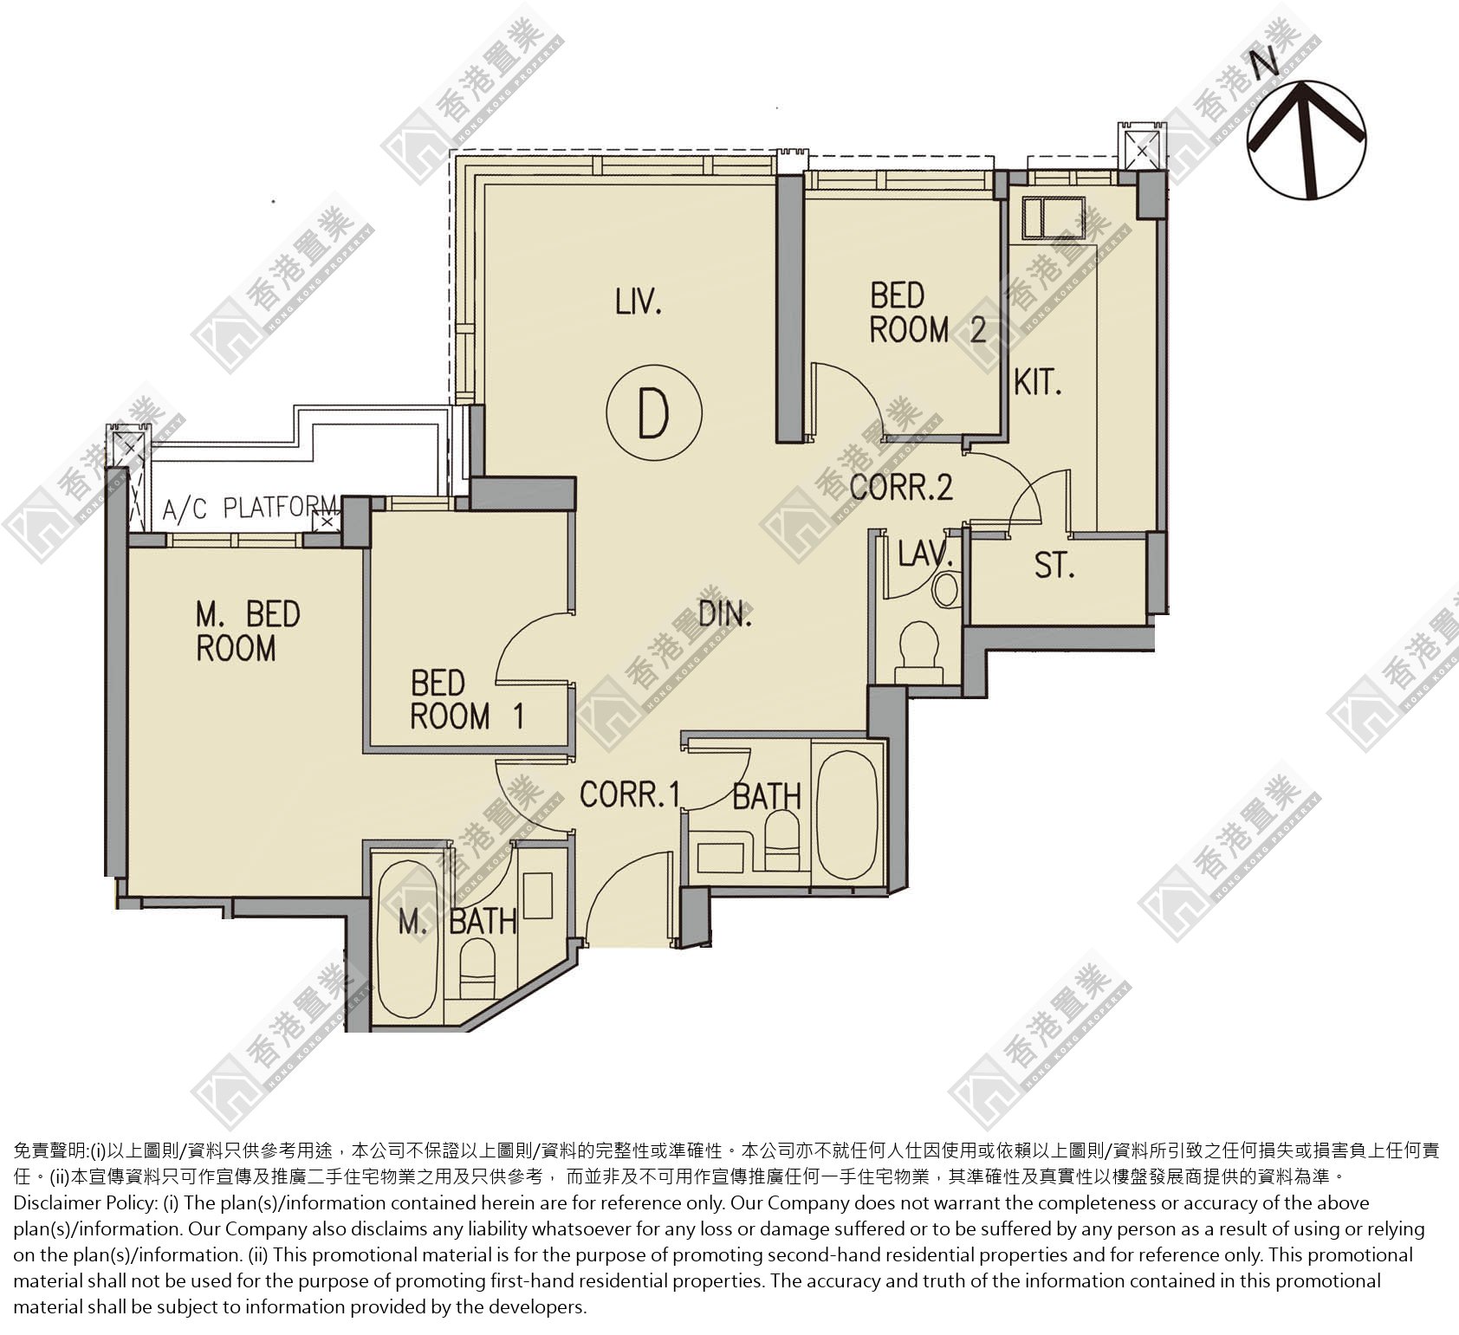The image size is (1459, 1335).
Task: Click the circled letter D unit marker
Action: (653, 413)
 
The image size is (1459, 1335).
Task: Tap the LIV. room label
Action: (639, 302)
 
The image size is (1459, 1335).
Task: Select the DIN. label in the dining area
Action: (725, 614)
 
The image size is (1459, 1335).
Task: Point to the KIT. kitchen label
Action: (1038, 382)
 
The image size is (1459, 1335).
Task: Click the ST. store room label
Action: (1054, 566)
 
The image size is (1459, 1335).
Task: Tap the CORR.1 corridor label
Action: (630, 794)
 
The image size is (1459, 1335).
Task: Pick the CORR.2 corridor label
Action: (901, 487)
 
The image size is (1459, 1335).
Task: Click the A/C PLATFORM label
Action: (250, 508)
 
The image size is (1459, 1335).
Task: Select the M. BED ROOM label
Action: (248, 632)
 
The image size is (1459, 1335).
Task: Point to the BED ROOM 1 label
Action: (467, 700)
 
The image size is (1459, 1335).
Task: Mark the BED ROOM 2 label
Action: (927, 313)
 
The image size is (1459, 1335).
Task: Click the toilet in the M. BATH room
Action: (476, 969)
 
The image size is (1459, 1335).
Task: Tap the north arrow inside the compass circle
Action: (1307, 138)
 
